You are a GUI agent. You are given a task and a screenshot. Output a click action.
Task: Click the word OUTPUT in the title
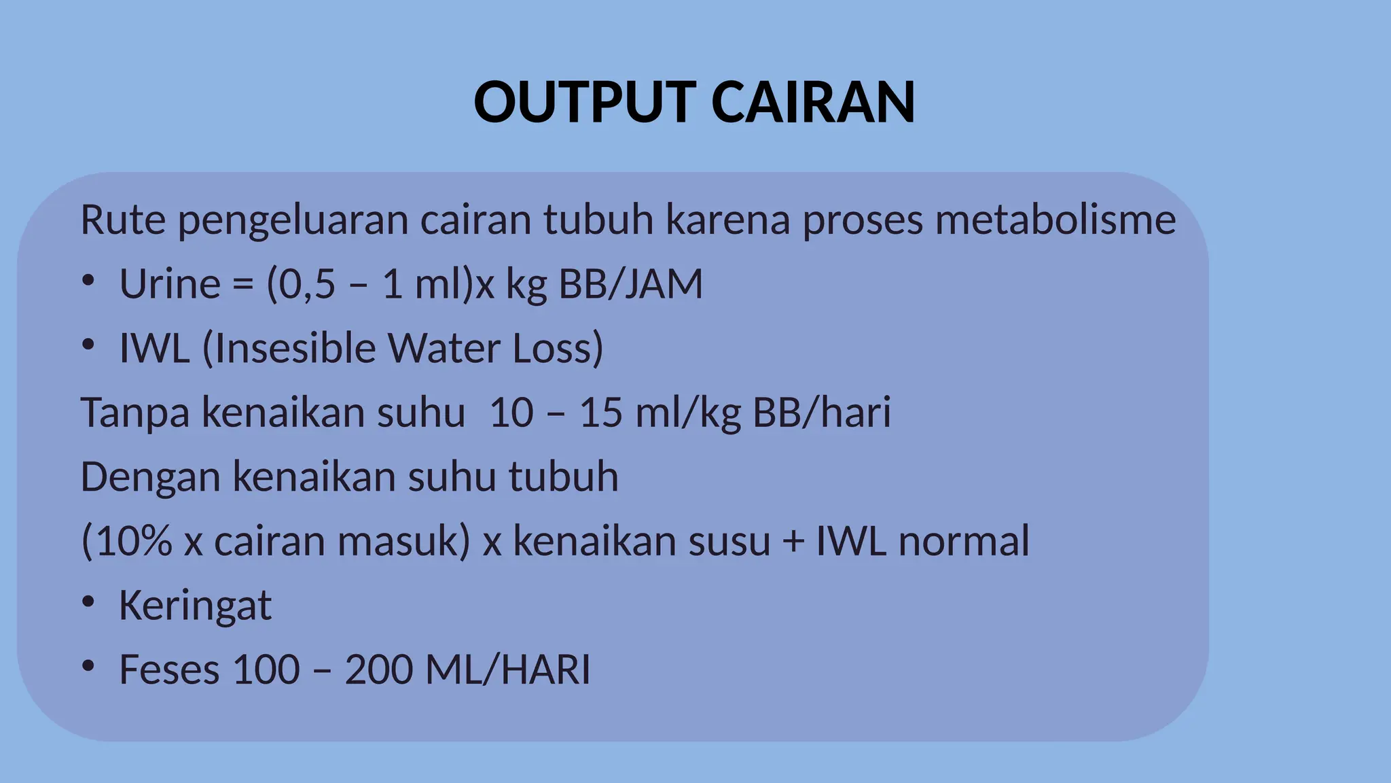coord(584,102)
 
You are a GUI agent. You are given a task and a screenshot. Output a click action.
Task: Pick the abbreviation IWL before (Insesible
coord(154,348)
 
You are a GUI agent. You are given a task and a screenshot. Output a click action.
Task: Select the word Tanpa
coord(134,412)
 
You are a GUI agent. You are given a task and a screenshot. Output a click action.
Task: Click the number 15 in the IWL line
coord(600,412)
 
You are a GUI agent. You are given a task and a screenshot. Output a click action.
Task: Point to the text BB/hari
coord(822,412)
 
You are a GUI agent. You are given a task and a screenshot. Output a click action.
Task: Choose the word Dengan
coord(150,476)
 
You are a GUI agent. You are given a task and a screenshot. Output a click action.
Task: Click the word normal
coord(964,541)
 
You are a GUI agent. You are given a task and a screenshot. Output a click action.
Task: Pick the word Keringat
coord(195,605)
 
